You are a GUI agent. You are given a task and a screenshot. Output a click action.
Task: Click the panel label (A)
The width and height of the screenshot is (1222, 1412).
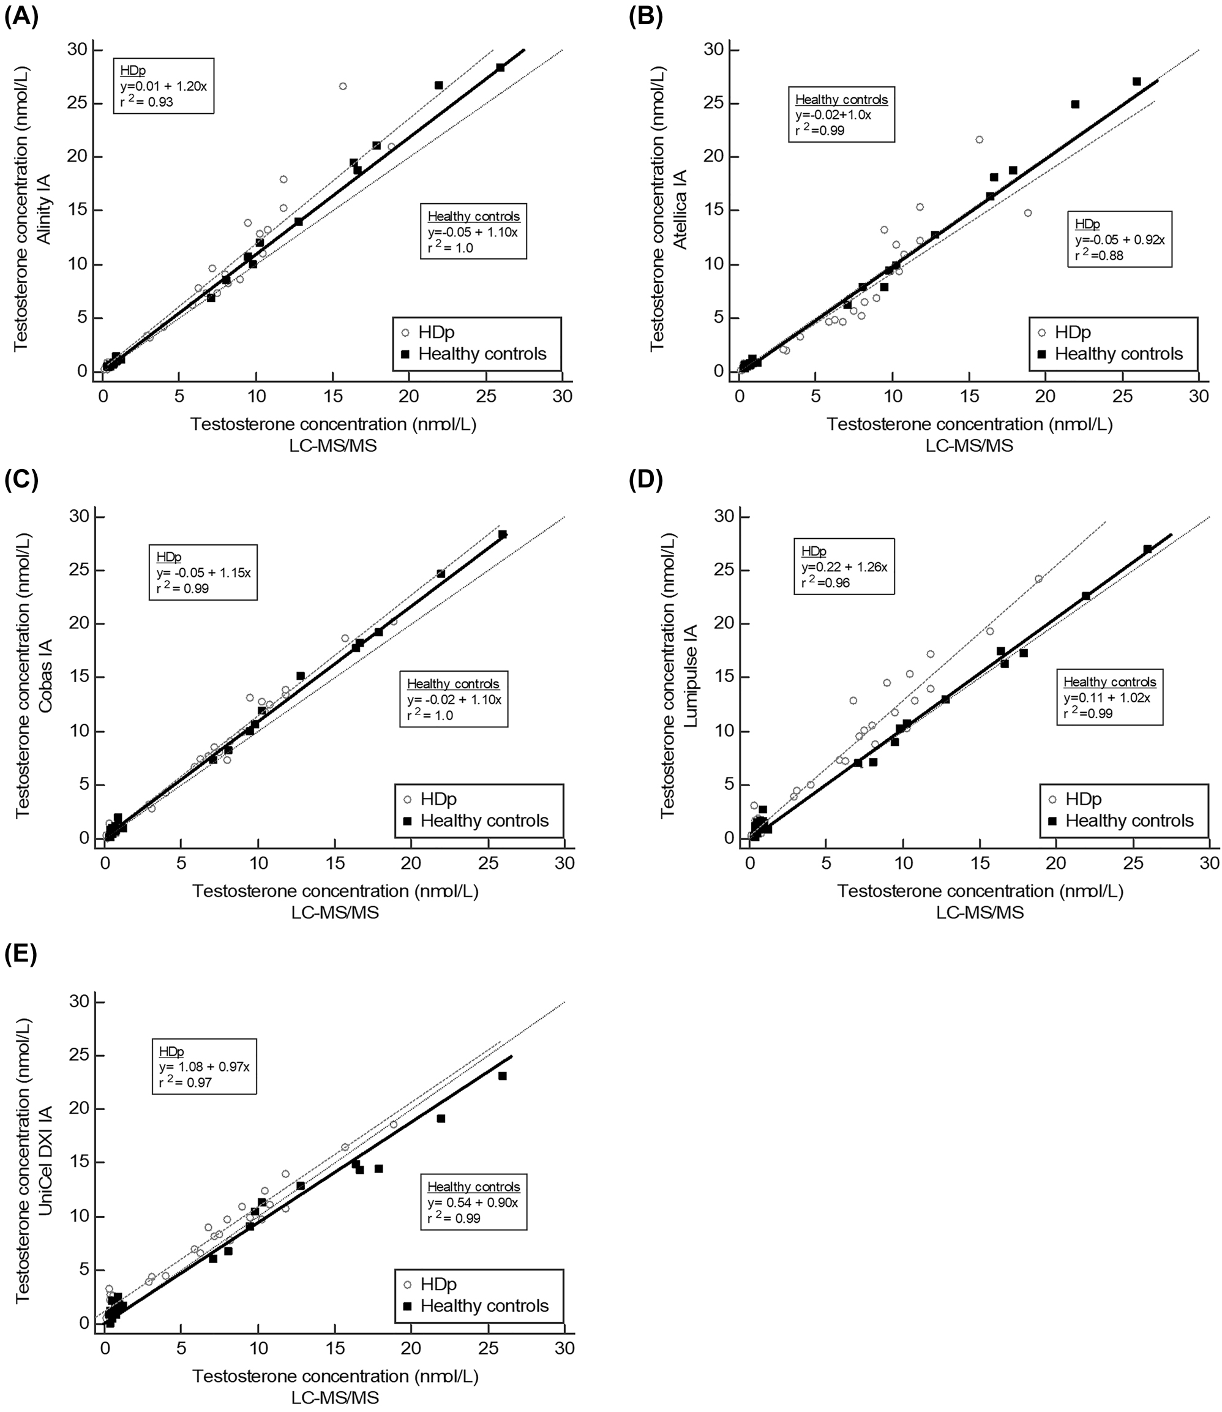coord(22,15)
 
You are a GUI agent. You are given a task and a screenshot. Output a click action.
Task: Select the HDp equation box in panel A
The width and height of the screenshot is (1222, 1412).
coord(163,86)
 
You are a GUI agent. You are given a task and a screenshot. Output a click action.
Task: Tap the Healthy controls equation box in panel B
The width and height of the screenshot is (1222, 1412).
coord(841,114)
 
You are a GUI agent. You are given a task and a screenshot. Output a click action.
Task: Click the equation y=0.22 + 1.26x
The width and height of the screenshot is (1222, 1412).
coord(844,567)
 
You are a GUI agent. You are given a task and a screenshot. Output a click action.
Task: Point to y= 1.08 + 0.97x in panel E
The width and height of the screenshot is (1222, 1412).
coord(204,1066)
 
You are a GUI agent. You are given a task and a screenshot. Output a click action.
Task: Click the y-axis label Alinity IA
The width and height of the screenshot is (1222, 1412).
coord(43,208)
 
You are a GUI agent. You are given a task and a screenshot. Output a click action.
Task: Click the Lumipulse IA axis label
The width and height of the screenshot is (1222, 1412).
coord(690,675)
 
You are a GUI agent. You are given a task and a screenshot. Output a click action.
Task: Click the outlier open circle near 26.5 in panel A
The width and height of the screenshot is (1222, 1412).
coord(342,86)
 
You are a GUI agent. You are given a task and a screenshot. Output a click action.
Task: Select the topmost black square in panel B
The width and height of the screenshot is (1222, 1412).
coord(1136,81)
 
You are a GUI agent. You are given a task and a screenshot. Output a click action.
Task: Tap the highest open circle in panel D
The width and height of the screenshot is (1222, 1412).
coord(1038,579)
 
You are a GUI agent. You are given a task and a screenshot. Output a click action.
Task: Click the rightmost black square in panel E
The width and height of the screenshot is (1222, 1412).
coord(502,1076)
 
